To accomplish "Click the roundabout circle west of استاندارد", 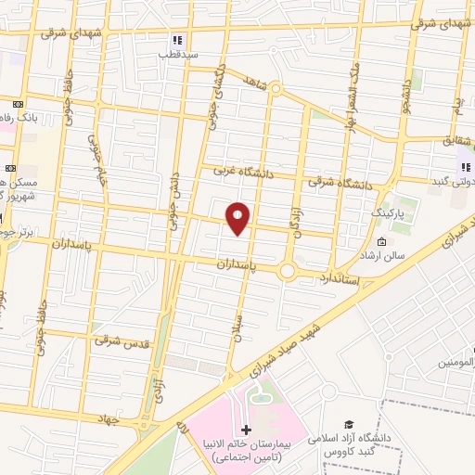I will tap(288, 271).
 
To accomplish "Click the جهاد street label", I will tap(112, 419).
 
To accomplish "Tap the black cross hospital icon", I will tap(246, 429).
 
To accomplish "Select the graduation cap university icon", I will tap(349, 422).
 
